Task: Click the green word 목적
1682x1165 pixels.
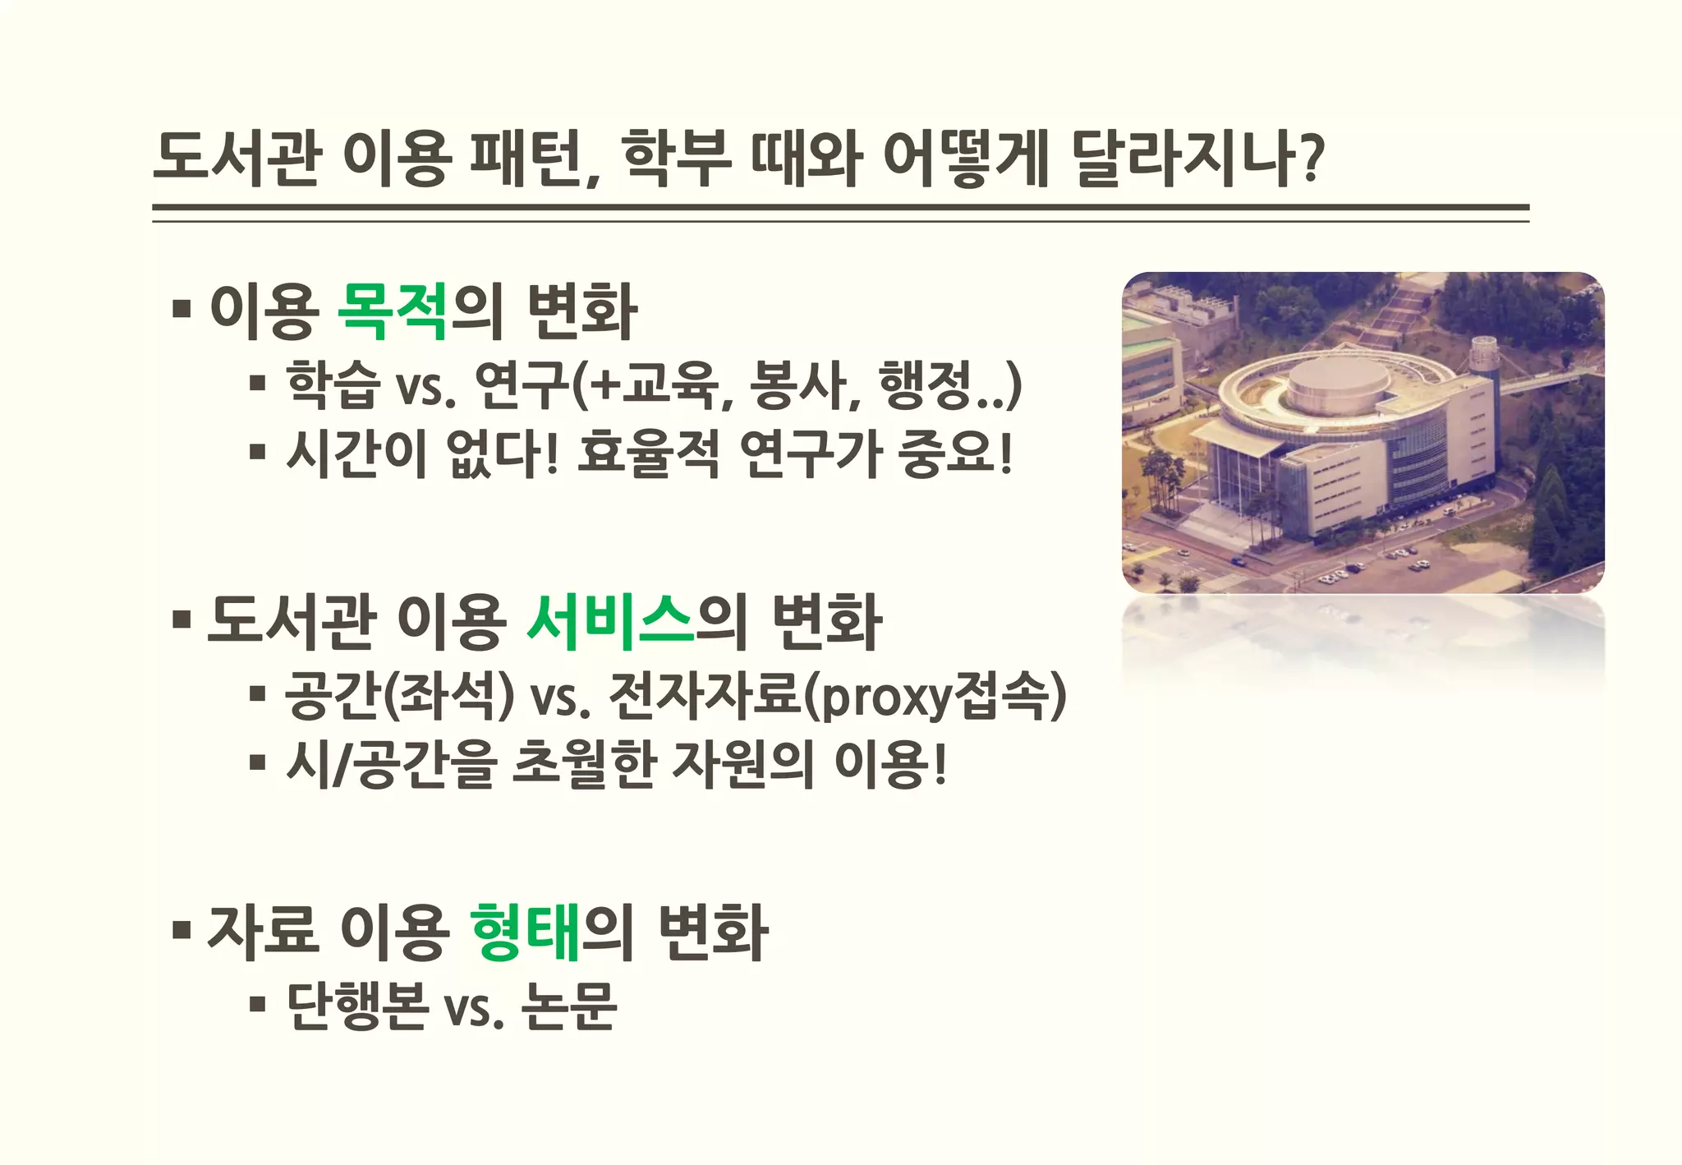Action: pos(393,311)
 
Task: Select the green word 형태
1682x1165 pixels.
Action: pos(526,931)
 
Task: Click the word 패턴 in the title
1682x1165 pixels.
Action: pos(526,157)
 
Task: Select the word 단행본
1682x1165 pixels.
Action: pos(357,1006)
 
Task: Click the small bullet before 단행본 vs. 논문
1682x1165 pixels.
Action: pos(258,1004)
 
